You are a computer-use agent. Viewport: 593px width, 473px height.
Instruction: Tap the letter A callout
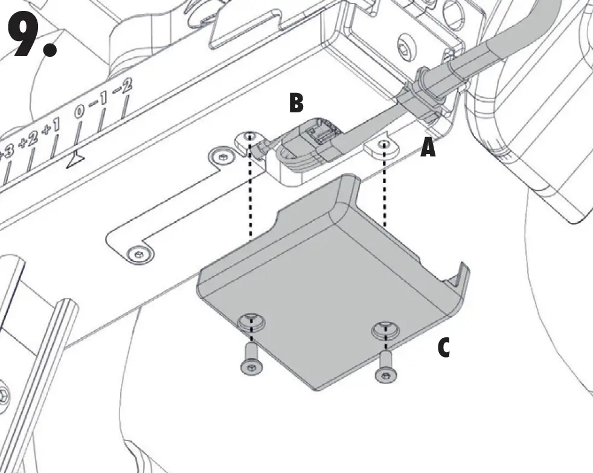(x=428, y=147)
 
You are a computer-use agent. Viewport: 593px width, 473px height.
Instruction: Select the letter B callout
(x=296, y=103)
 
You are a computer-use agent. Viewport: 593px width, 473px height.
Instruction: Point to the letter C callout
(x=444, y=348)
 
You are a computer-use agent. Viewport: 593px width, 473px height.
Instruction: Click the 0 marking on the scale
(x=80, y=112)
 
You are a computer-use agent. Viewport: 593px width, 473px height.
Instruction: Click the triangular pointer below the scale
(x=74, y=159)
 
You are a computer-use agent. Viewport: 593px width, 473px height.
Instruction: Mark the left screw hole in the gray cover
(x=251, y=321)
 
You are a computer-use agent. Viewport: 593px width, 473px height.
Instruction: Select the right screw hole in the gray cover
(x=385, y=330)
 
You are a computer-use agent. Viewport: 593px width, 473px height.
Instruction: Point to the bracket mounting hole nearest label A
(x=385, y=144)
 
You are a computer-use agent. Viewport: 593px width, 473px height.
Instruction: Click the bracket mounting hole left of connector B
(x=250, y=137)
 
